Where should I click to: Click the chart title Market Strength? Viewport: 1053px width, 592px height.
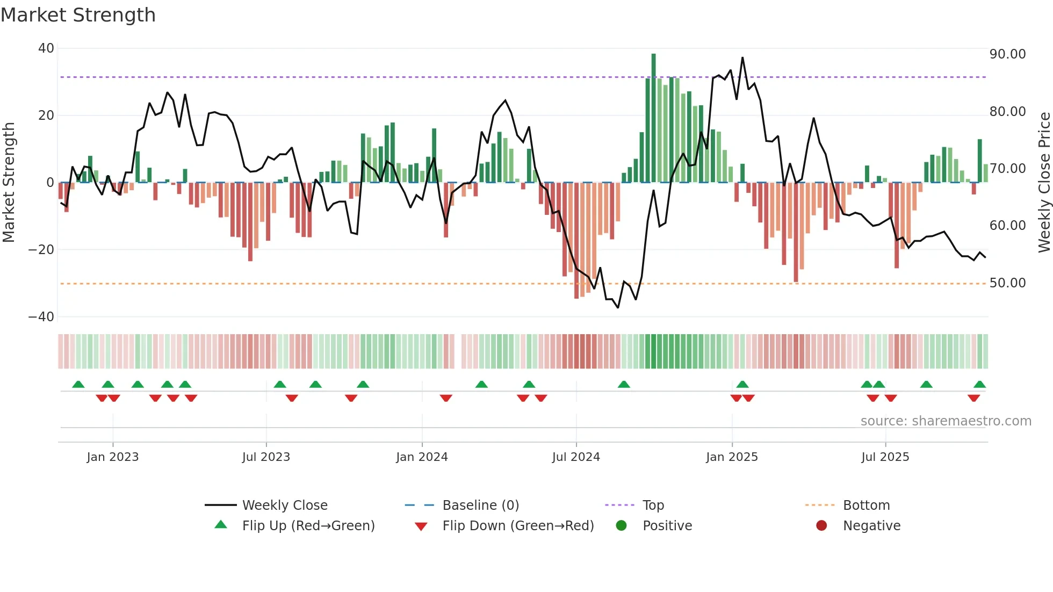pyautogui.click(x=78, y=15)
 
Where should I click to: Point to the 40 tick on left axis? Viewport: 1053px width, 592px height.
pyautogui.click(x=46, y=48)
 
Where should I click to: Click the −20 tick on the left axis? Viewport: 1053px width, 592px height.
pyautogui.click(x=41, y=250)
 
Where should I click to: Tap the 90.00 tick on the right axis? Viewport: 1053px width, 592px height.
pyautogui.click(x=1007, y=54)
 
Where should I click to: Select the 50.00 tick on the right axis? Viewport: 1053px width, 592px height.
pyautogui.click(x=1007, y=283)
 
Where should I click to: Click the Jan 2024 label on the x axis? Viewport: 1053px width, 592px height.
pyautogui.click(x=422, y=457)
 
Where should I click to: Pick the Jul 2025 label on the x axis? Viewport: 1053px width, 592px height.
pyautogui.click(x=885, y=457)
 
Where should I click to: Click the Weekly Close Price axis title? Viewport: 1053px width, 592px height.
pyautogui.click(x=1044, y=182)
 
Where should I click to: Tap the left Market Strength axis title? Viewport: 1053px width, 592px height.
pyautogui.click(x=9, y=182)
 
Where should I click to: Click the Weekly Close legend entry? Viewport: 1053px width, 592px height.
pyautogui.click(x=284, y=506)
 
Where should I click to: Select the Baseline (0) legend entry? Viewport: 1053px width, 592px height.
pyautogui.click(x=480, y=506)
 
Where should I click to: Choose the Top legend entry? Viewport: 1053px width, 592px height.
pyautogui.click(x=653, y=506)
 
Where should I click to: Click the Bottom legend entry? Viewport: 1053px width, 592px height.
pyautogui.click(x=866, y=506)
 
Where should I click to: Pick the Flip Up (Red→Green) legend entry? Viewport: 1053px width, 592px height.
pyautogui.click(x=308, y=526)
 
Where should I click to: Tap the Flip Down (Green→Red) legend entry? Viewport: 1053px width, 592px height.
pyautogui.click(x=518, y=526)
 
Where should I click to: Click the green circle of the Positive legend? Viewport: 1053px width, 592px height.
pyautogui.click(x=622, y=526)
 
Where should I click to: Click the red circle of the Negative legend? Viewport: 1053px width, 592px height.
pyautogui.click(x=821, y=526)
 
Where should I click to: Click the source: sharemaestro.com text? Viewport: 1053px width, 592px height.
pyautogui.click(x=946, y=421)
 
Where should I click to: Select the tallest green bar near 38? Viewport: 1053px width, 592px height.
pyautogui.click(x=653, y=118)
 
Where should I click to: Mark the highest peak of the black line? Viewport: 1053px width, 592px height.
pyautogui.click(x=742, y=58)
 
